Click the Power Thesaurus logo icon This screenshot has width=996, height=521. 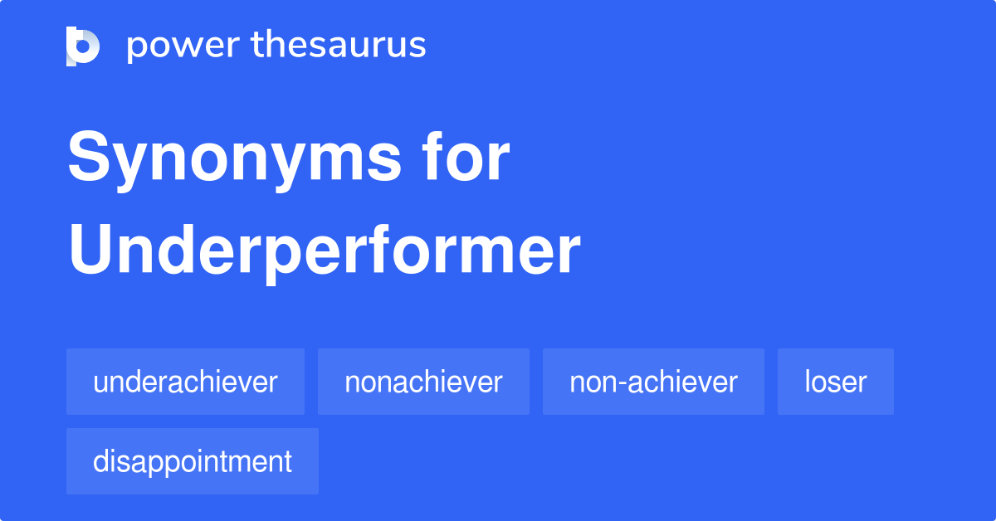click(x=83, y=46)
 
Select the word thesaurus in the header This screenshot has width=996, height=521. click(x=339, y=46)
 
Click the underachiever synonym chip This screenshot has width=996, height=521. click(x=185, y=382)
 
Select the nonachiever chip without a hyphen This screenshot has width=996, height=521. click(x=423, y=382)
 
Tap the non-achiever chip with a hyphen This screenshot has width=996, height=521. click(x=653, y=382)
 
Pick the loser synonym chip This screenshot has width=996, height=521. click(x=835, y=382)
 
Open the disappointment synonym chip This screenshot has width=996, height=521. click(x=193, y=461)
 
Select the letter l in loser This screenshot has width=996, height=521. click(x=807, y=382)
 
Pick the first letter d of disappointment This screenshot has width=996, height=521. click(x=100, y=461)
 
